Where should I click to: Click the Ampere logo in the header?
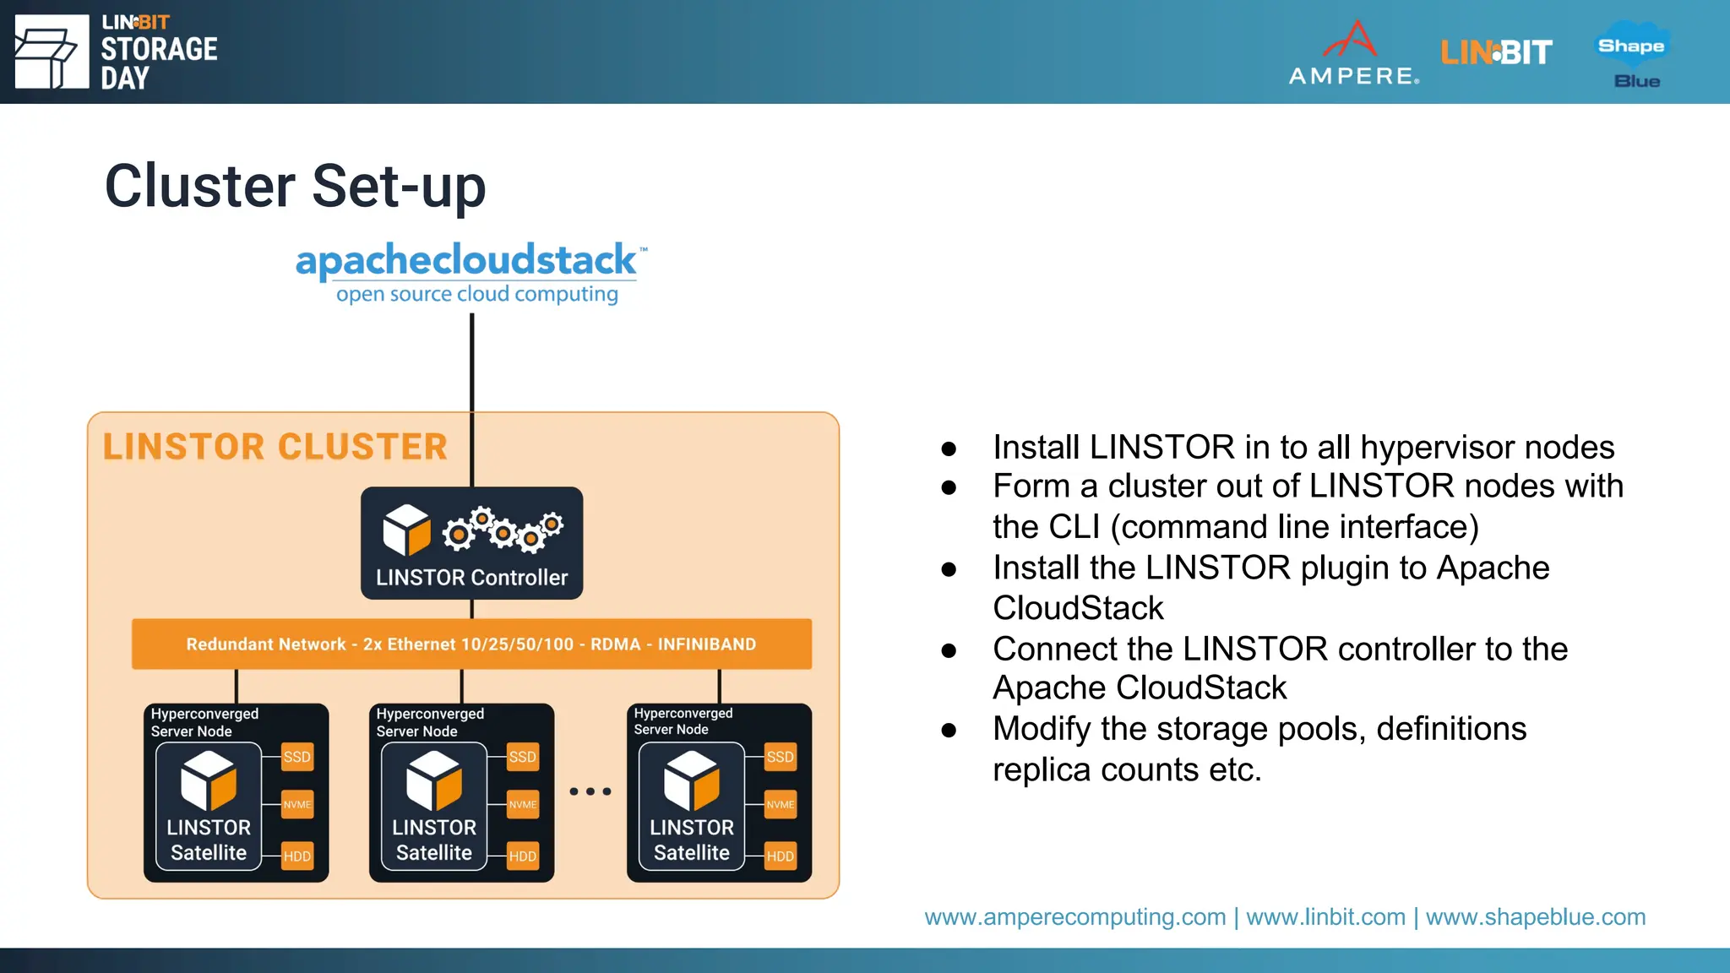1354,53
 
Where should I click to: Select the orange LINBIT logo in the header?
1496,53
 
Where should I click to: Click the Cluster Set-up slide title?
295,187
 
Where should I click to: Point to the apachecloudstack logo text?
466,261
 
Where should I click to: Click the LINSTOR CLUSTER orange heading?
275,447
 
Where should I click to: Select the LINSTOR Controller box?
471,544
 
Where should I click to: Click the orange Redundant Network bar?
471,644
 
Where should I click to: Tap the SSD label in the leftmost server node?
296,757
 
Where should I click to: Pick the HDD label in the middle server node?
522,856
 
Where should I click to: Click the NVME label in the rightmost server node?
780,805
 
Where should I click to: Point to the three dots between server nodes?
590,791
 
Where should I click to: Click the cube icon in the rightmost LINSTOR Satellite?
691,780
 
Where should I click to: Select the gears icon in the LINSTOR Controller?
503,530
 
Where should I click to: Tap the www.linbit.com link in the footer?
1325,916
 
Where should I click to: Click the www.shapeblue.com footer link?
1536,916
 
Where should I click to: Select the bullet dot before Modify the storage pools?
949,731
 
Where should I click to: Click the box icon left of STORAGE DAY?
52,52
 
